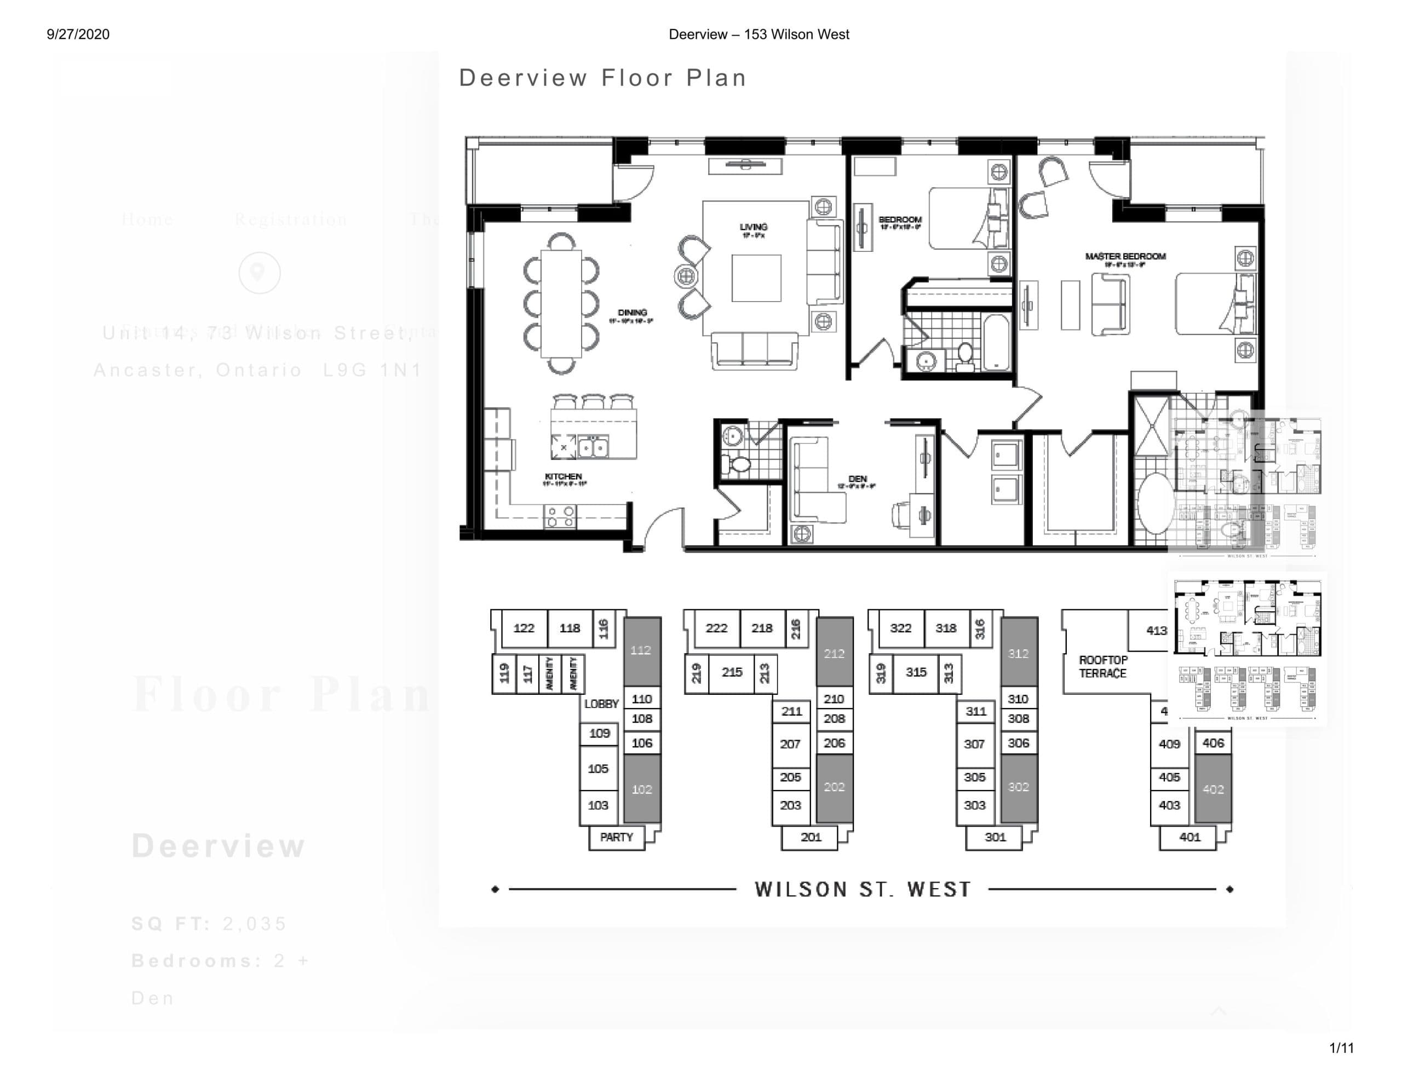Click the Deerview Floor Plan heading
pyautogui.click(x=602, y=78)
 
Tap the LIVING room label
pyautogui.click(x=753, y=227)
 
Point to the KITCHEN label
pyautogui.click(x=563, y=477)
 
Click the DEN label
pyautogui.click(x=857, y=480)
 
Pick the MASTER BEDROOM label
pyautogui.click(x=1125, y=257)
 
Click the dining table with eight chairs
pyautogui.click(x=560, y=303)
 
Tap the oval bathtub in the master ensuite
pyautogui.click(x=1155, y=504)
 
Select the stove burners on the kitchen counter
pyautogui.click(x=560, y=517)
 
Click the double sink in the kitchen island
pyautogui.click(x=593, y=447)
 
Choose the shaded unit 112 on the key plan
pyautogui.click(x=641, y=650)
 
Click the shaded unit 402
pyautogui.click(x=1213, y=790)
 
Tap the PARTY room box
pyautogui.click(x=616, y=837)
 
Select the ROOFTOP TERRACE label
pyautogui.click(x=1102, y=666)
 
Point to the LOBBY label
pyautogui.click(x=601, y=704)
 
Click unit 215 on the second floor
pyautogui.click(x=731, y=672)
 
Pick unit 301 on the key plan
pyautogui.click(x=995, y=837)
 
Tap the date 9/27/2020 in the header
pyautogui.click(x=78, y=34)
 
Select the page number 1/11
pyautogui.click(x=1341, y=1049)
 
